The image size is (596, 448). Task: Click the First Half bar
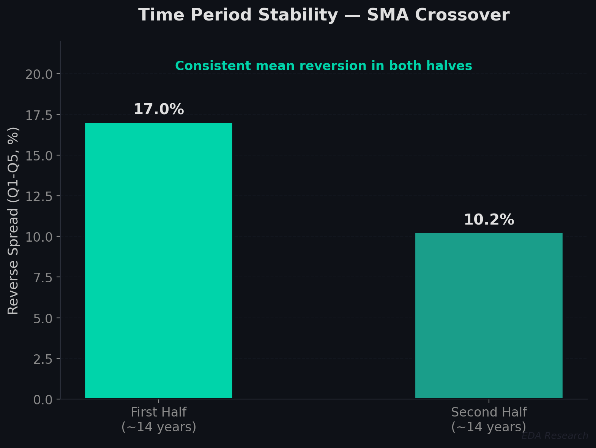click(158, 261)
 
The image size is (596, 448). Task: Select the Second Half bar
click(489, 316)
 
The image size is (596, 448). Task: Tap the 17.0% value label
click(159, 110)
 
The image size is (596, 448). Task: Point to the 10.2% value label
click(489, 220)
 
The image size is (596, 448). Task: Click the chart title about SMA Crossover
click(324, 16)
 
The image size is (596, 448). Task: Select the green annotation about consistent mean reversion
click(323, 66)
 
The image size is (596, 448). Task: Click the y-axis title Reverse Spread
click(13, 220)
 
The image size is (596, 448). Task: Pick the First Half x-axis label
click(159, 420)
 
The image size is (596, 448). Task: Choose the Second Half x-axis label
click(489, 420)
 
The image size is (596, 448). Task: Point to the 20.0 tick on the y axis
click(39, 74)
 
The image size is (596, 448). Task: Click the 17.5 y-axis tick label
click(39, 115)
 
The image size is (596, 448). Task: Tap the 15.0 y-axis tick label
click(39, 156)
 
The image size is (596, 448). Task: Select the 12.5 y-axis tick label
click(39, 196)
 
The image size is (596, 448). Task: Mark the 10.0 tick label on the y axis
click(39, 237)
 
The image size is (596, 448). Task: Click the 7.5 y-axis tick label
click(43, 277)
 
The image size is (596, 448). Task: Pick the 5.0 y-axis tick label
click(43, 318)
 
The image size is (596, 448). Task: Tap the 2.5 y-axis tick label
click(43, 359)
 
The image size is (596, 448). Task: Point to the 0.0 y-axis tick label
click(43, 399)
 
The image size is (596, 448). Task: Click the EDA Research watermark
click(555, 436)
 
